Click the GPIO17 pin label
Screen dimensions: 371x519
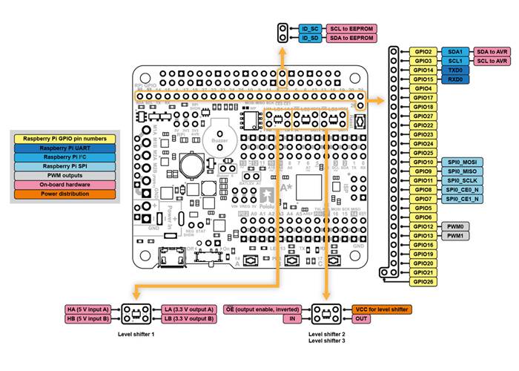(423, 97)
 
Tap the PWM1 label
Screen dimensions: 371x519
(455, 235)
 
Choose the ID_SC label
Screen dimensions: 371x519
(310, 28)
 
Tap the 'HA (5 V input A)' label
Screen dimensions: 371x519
(87, 309)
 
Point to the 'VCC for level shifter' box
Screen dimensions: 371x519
(377, 309)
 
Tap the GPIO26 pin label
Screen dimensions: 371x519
(423, 281)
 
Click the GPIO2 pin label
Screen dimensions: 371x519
(423, 52)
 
